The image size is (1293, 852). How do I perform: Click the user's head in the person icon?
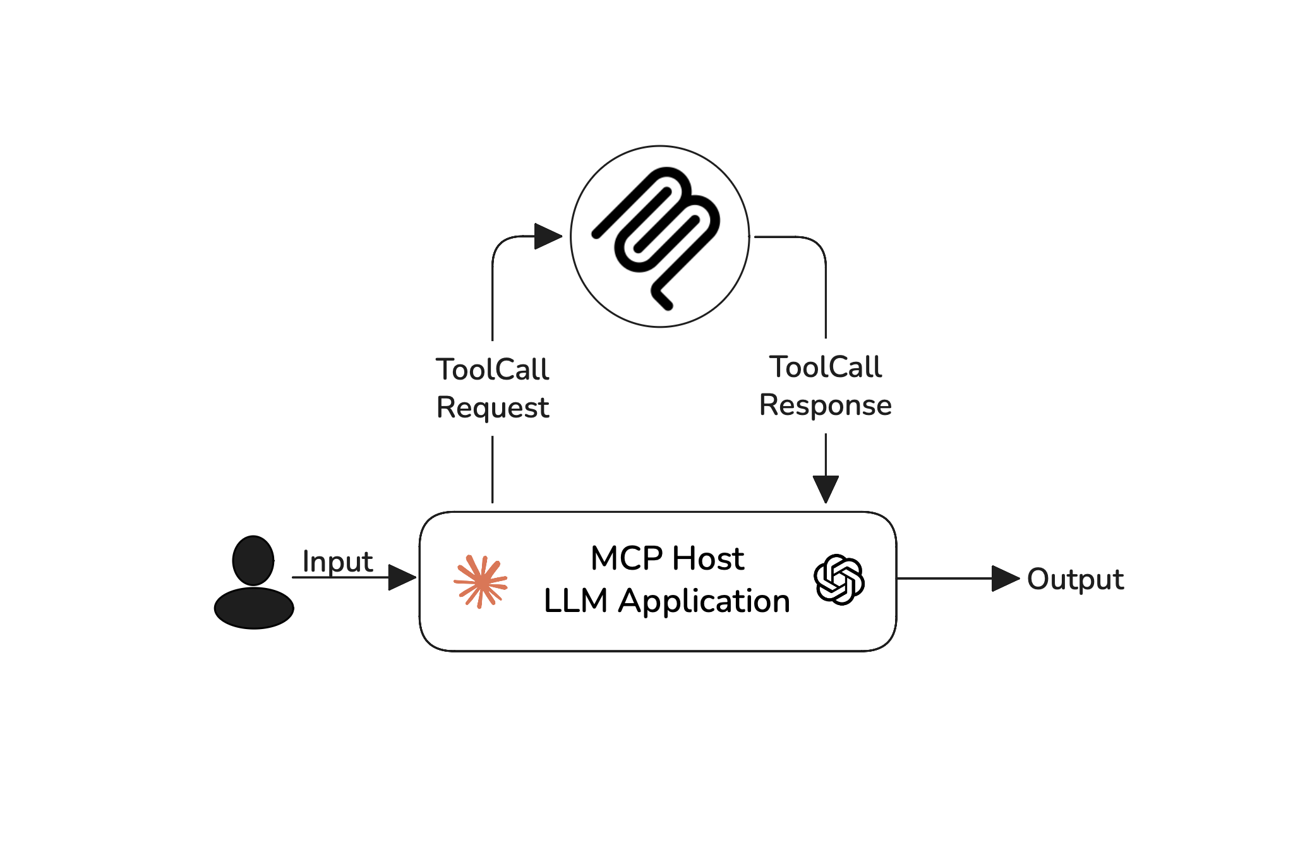pyautogui.click(x=253, y=560)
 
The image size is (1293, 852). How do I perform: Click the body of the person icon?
pyautogui.click(x=254, y=608)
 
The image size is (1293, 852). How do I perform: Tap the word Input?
pyautogui.click(x=337, y=561)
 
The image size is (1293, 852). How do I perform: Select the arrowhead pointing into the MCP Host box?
pyautogui.click(x=401, y=577)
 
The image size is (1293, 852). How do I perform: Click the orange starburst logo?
pyautogui.click(x=481, y=582)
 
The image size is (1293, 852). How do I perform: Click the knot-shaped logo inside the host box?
pyautogui.click(x=839, y=580)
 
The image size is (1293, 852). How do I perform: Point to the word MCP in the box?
pyautogui.click(x=626, y=558)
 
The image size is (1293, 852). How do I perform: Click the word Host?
pyautogui.click(x=707, y=558)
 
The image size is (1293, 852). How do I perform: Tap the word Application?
pyautogui.click(x=704, y=601)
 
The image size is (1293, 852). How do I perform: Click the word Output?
pyautogui.click(x=1075, y=579)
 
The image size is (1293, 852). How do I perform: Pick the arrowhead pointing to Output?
pyautogui.click(x=1005, y=578)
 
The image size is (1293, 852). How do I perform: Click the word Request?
pyautogui.click(x=493, y=407)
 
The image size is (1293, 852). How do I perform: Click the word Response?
pyautogui.click(x=825, y=405)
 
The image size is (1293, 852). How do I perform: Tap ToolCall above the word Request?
pyautogui.click(x=493, y=369)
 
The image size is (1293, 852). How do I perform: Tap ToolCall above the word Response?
pyautogui.click(x=825, y=367)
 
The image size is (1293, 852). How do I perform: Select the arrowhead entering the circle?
pyautogui.click(x=547, y=236)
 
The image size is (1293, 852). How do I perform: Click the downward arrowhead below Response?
pyautogui.click(x=826, y=489)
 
